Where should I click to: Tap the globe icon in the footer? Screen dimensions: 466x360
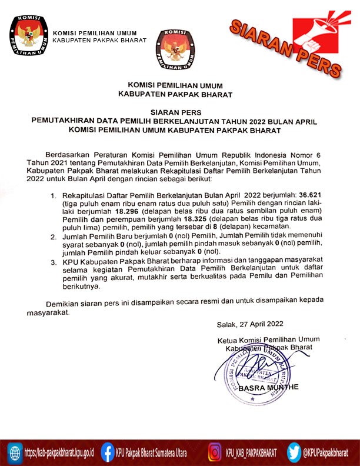click(x=14, y=452)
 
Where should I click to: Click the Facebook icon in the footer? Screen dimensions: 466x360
click(x=107, y=452)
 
